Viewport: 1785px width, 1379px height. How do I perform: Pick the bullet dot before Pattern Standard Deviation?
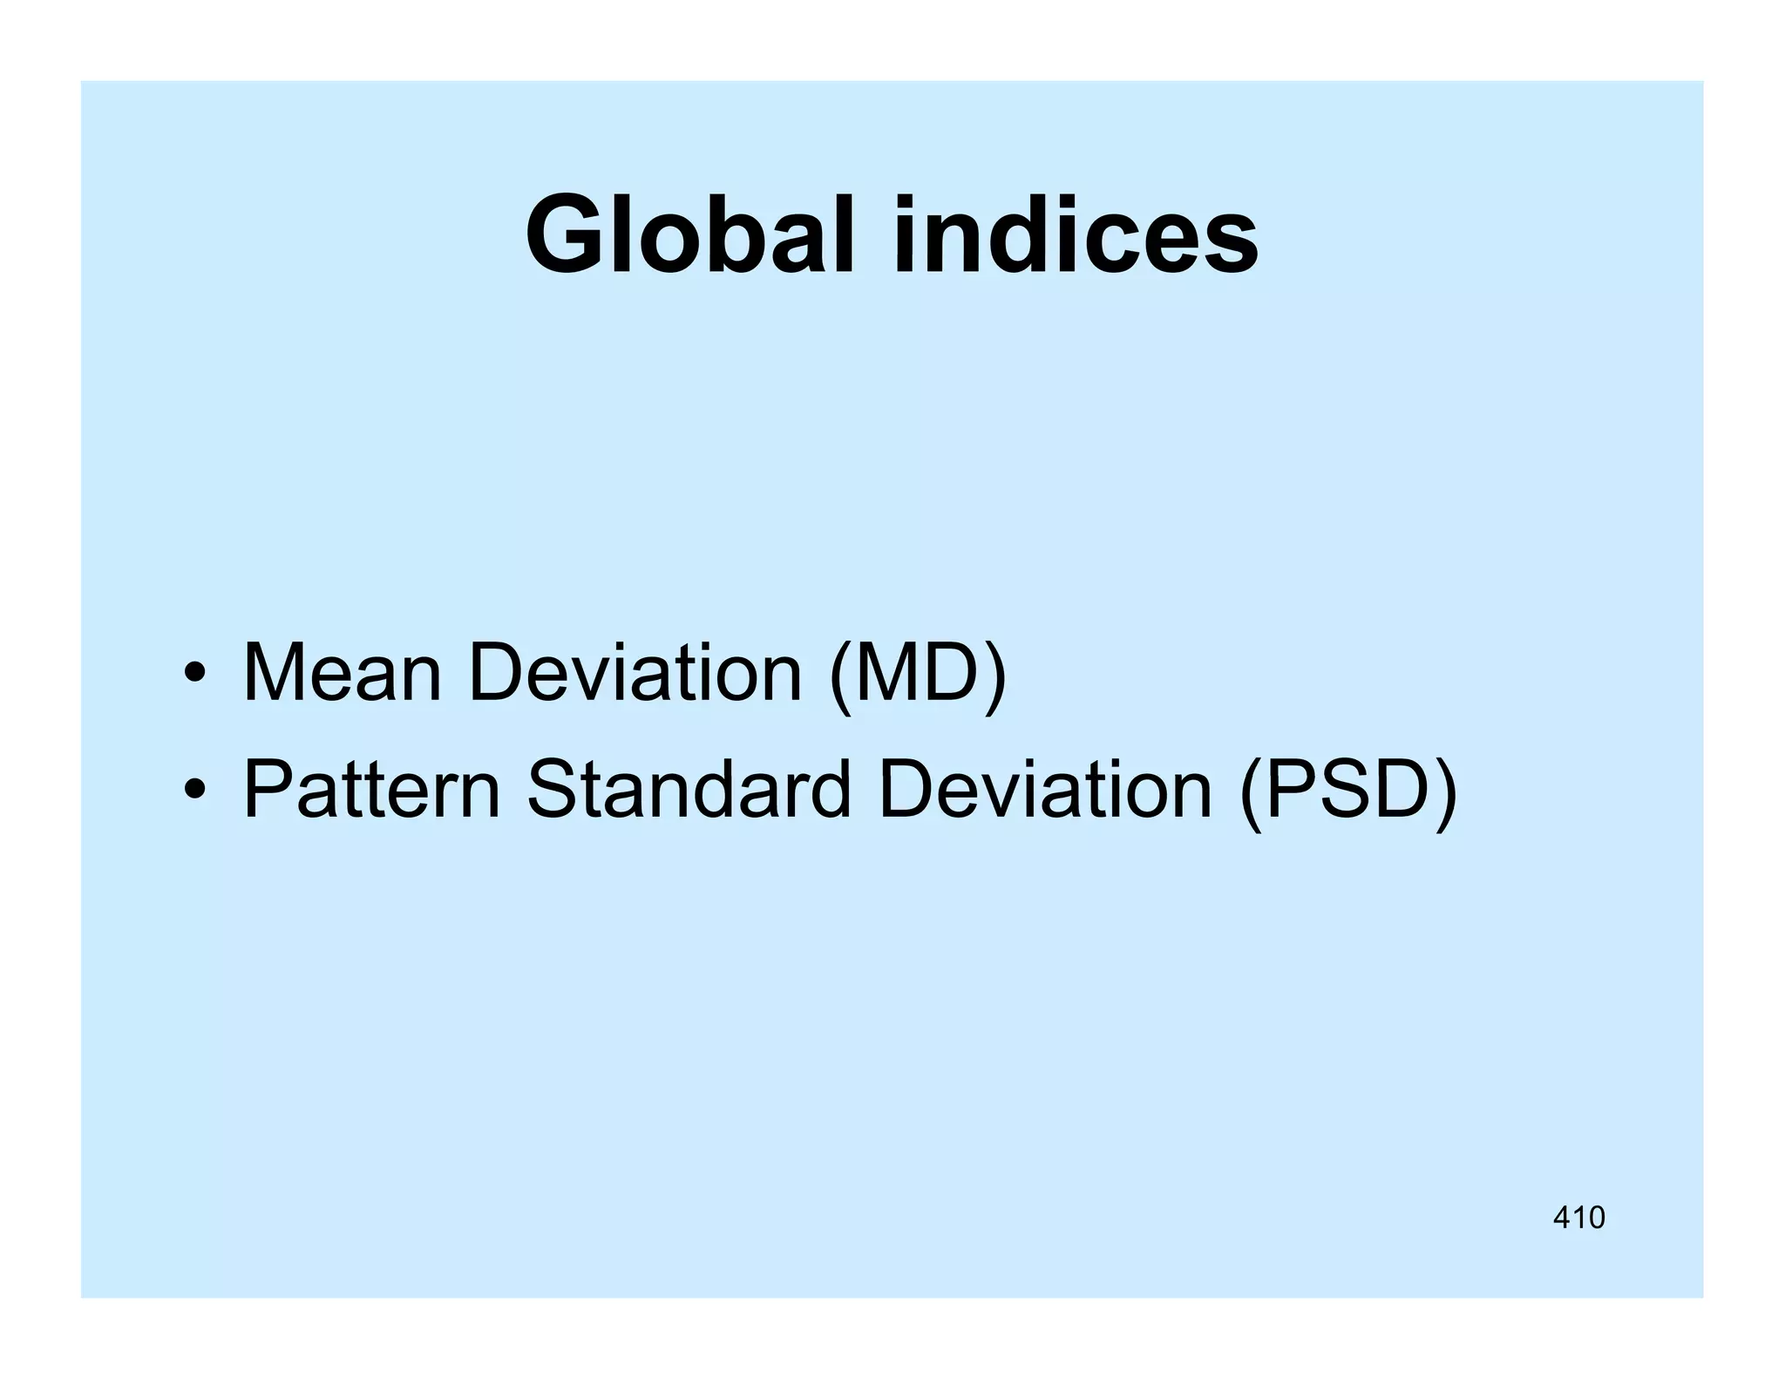[x=194, y=790]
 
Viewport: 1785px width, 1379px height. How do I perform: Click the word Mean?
[x=343, y=672]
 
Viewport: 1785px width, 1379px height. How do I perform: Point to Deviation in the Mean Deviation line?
[x=635, y=672]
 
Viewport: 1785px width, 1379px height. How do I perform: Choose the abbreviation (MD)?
[x=918, y=674]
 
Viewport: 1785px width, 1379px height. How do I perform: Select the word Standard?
[x=689, y=790]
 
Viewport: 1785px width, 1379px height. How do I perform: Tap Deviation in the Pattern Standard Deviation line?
[x=1045, y=790]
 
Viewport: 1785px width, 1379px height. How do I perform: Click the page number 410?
[x=1578, y=1217]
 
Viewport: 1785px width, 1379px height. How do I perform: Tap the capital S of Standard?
[x=554, y=790]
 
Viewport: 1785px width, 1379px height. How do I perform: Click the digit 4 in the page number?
[x=1562, y=1217]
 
